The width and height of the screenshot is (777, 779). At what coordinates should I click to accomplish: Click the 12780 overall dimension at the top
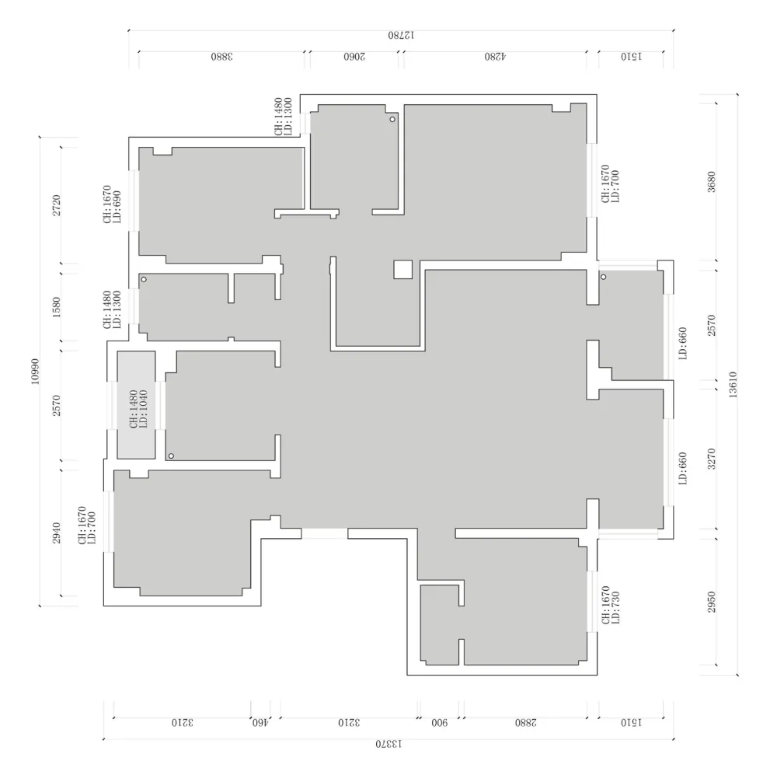401,35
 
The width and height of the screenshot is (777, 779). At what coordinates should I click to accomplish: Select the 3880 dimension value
221,56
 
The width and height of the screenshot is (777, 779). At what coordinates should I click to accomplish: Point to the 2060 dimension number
354,56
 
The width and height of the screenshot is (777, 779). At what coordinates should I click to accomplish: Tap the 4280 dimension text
495,56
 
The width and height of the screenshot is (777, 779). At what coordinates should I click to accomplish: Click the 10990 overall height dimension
35,371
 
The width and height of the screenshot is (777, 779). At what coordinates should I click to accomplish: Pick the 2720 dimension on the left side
57,205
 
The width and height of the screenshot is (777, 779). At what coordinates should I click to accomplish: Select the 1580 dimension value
56,307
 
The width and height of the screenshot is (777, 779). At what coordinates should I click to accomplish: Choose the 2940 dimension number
57,533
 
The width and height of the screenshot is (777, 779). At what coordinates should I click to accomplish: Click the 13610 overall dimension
733,385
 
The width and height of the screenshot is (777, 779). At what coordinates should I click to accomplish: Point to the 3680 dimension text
712,182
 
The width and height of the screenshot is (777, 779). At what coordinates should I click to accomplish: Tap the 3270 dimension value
712,459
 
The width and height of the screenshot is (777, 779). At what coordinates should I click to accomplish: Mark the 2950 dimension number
712,602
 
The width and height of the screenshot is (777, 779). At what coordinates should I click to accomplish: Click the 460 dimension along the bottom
260,722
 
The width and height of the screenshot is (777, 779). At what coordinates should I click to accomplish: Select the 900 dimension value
439,722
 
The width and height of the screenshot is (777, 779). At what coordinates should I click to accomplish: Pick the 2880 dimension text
526,722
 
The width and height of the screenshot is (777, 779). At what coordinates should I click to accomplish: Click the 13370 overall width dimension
388,744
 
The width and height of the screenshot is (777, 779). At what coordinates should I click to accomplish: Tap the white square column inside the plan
403,269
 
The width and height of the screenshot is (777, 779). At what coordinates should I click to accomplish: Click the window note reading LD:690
117,207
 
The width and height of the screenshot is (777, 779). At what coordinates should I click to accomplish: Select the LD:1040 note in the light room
143,409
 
